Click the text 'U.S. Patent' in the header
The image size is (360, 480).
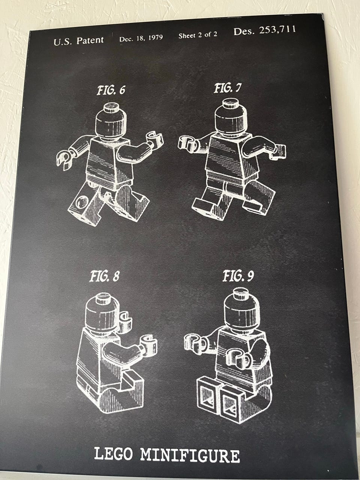coord(79,41)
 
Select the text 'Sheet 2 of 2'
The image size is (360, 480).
coord(198,35)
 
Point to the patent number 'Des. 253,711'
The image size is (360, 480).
coord(265,30)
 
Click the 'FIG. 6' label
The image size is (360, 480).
coord(111,90)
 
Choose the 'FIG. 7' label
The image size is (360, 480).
coord(228,88)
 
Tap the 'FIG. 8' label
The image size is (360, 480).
coord(105,276)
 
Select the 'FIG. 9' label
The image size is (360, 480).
coord(238,276)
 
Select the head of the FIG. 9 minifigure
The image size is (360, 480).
coord(242,309)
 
